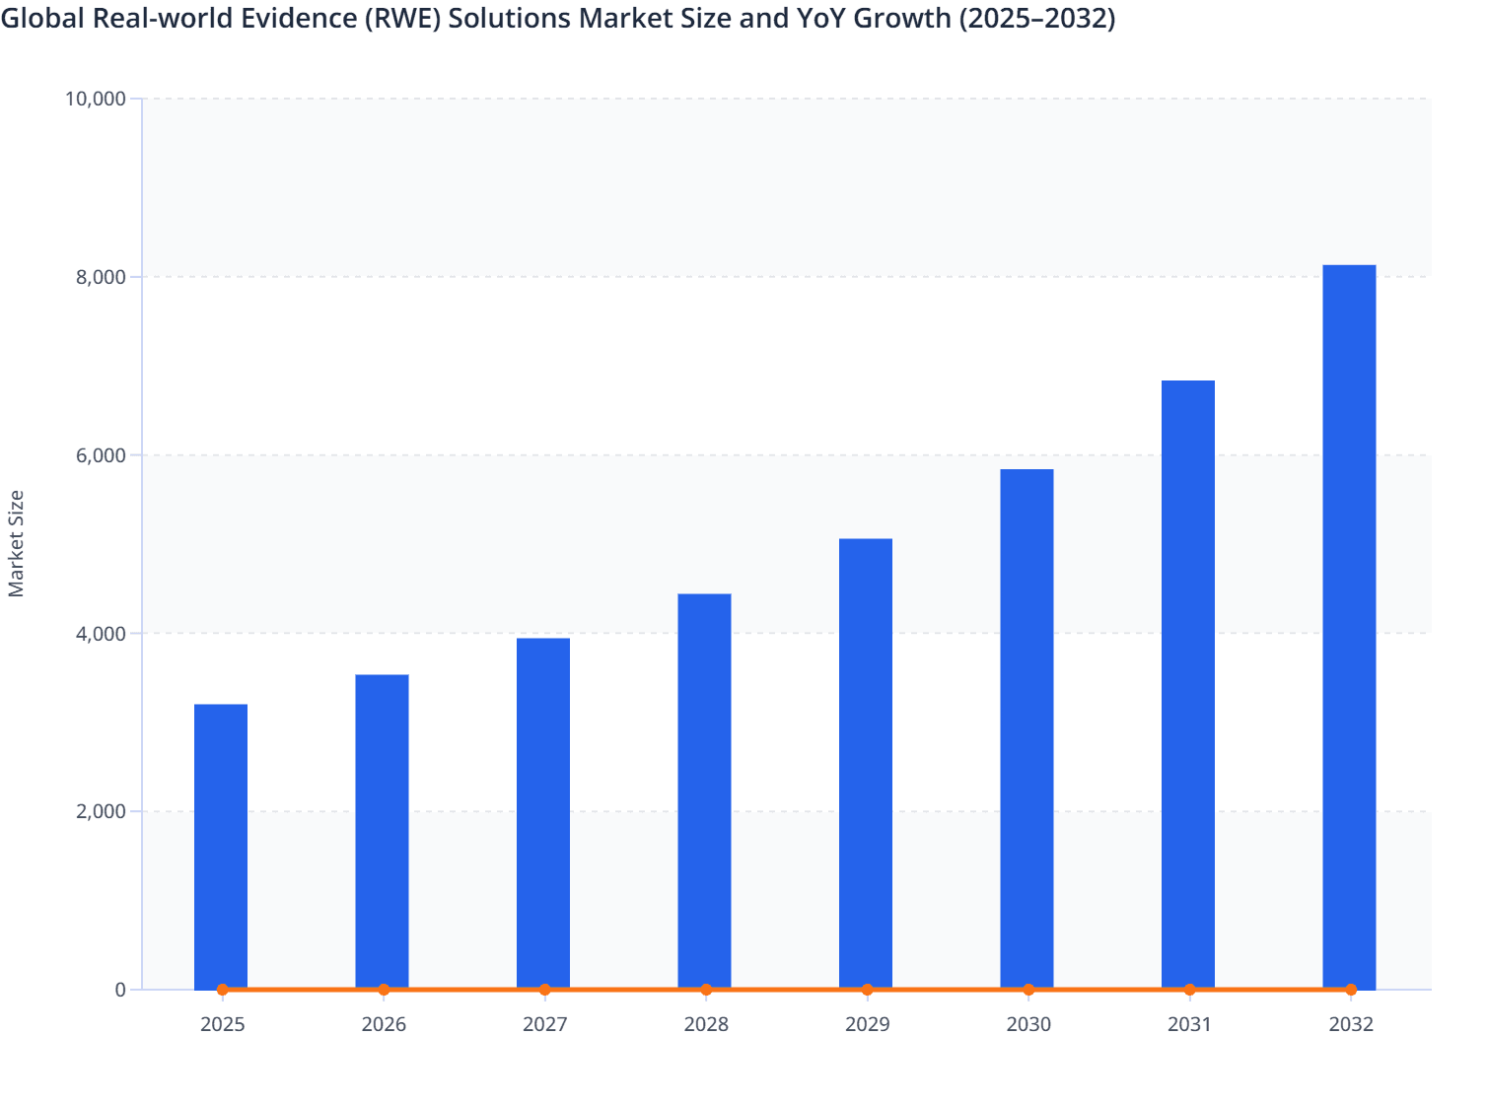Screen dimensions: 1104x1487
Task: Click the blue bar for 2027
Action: coord(543,813)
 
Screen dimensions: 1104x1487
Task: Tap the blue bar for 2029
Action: coord(866,763)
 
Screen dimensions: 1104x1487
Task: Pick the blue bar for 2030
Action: coord(1027,728)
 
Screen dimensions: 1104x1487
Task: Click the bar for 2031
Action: coord(1188,684)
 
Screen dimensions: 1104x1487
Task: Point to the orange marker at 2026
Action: coord(384,990)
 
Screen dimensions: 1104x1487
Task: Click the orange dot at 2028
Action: coord(706,990)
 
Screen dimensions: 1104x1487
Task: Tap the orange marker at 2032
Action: coord(1351,990)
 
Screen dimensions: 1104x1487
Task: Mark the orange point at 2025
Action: coord(222,990)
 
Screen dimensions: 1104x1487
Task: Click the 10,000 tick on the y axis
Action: coord(95,99)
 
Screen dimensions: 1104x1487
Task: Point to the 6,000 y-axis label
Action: coord(101,455)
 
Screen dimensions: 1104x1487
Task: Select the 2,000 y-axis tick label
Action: coord(101,812)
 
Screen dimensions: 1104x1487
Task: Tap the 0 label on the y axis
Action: coord(120,991)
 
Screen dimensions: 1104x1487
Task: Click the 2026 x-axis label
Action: coord(384,1025)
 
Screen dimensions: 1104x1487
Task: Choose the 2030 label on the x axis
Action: coord(1028,1025)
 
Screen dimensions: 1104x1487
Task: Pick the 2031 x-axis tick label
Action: coord(1189,1025)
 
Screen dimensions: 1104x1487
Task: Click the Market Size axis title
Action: coord(16,543)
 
